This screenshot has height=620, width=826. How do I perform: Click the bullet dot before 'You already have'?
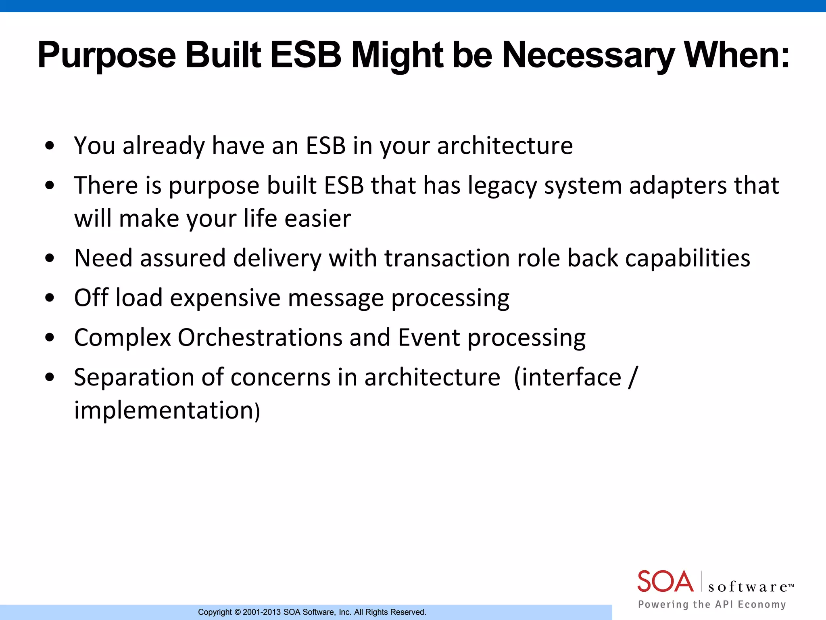[50, 146]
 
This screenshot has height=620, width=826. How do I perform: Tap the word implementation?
[164, 411]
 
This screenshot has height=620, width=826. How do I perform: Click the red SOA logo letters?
[665, 582]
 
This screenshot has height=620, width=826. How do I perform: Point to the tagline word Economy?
[762, 604]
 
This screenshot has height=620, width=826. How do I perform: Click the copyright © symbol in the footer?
[238, 612]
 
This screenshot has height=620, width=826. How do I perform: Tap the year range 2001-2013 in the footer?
[262, 612]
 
